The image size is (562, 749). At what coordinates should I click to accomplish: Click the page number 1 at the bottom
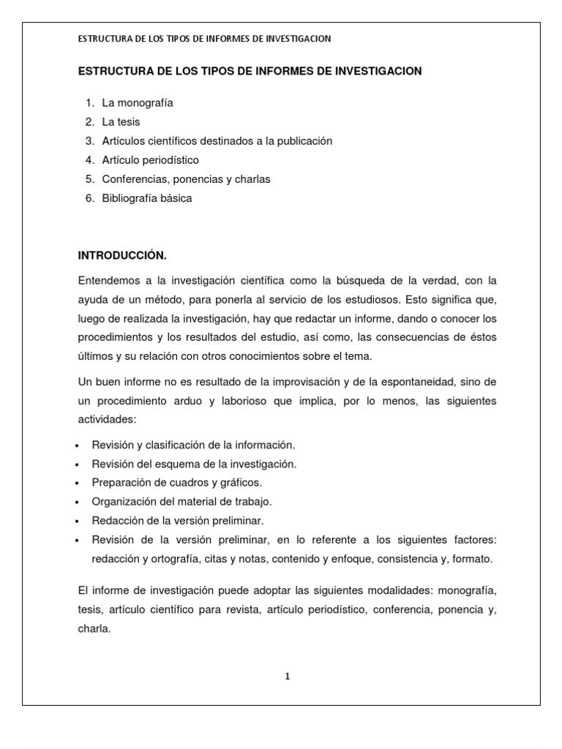coord(288,677)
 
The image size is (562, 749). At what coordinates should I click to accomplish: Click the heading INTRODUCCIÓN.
coord(122,255)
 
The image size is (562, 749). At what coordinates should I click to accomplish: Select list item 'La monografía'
coord(138,103)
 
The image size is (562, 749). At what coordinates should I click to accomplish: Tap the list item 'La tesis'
coord(121,122)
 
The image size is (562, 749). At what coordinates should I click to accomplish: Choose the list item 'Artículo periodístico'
coord(150,160)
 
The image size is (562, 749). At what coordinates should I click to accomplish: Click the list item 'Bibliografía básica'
coord(147,198)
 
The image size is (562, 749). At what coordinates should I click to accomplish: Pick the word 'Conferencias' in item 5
coord(132,179)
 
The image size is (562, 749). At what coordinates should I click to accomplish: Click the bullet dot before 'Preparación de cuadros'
coord(78,483)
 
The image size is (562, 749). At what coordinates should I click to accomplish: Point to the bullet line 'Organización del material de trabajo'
coord(181,502)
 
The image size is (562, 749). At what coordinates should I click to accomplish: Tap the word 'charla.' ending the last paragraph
coord(94,628)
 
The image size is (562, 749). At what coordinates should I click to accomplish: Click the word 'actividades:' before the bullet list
coord(107,420)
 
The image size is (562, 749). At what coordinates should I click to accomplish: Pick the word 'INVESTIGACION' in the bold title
coord(373,71)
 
